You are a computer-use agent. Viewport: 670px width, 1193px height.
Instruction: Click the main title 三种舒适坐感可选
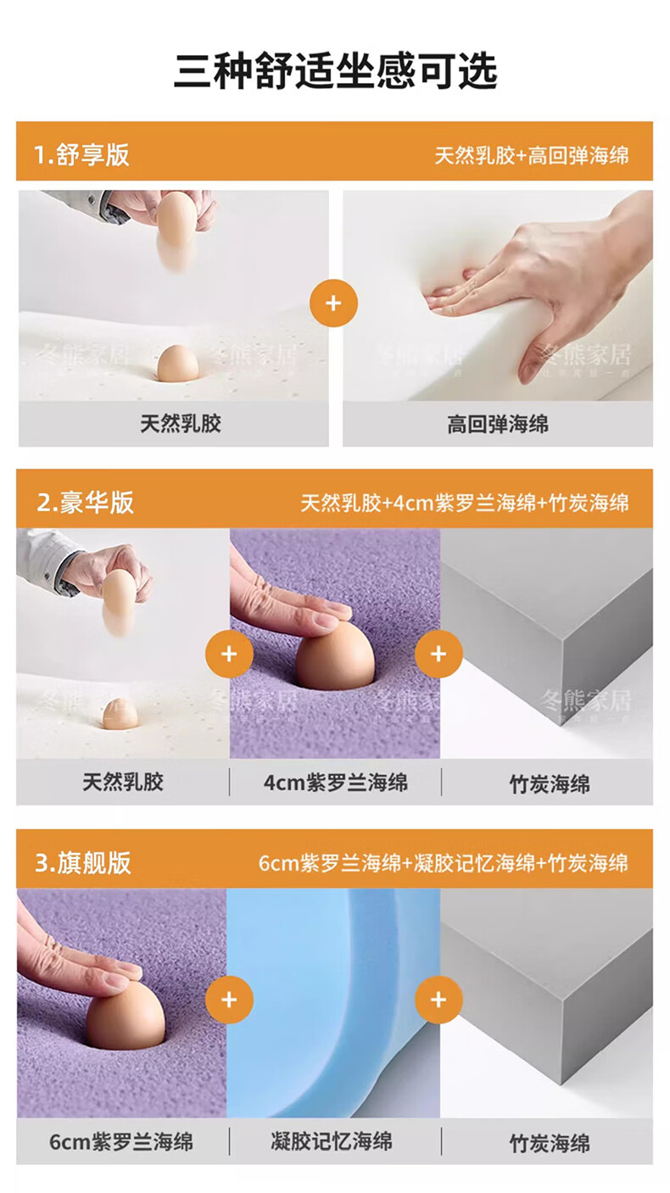[x=336, y=71]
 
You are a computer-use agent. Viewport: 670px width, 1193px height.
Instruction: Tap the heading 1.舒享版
[x=81, y=155]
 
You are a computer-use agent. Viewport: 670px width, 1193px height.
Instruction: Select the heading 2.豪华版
[x=85, y=502]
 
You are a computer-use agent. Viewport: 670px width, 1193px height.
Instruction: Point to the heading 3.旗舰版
[x=83, y=862]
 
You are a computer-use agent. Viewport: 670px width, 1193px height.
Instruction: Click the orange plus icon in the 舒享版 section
[x=333, y=303]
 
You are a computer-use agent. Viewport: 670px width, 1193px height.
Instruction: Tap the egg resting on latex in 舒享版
[x=178, y=363]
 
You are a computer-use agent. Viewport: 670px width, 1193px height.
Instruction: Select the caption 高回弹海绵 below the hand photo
[x=498, y=425]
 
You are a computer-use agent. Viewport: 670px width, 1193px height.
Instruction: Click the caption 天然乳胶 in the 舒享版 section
[x=181, y=424]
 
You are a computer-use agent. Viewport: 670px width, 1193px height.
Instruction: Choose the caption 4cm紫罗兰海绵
[x=336, y=783]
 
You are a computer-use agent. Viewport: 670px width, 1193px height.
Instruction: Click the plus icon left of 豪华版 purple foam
[x=229, y=654]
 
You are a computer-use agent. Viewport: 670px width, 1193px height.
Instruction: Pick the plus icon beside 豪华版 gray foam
[x=438, y=654]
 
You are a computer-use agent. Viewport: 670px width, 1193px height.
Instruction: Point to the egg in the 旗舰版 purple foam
[x=126, y=1015]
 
